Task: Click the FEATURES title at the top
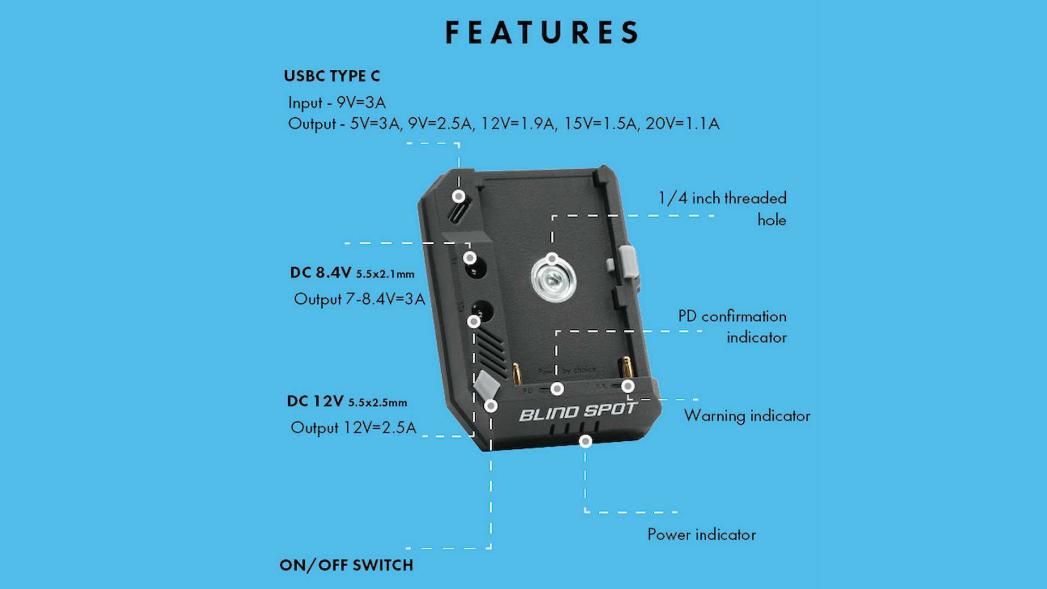542,33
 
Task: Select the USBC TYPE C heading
332,76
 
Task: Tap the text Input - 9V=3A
336,103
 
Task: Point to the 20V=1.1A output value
682,124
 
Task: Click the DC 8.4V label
320,273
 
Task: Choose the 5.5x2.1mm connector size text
385,274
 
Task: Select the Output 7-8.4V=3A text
359,299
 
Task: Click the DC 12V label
315,401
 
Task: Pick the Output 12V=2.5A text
353,428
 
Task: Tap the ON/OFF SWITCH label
346,565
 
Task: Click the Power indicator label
701,534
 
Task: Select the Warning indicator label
747,416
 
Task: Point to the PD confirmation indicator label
732,327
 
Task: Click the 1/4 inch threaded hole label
722,208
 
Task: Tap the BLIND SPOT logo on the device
578,412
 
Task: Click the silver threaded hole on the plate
553,280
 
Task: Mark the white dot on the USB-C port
459,196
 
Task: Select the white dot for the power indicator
585,441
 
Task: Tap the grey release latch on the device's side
628,261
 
